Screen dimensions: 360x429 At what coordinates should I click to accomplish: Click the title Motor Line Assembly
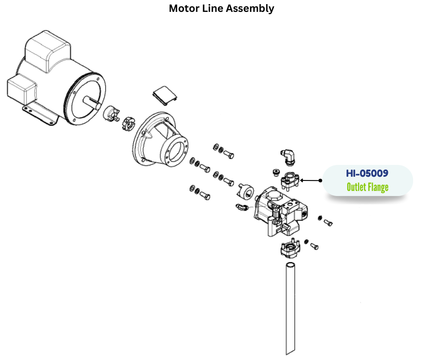click(221, 9)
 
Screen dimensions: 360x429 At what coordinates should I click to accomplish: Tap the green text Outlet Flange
click(367, 187)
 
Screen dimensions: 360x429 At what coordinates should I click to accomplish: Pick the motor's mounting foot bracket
click(39, 114)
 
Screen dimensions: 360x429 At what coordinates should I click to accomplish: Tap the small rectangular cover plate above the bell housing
click(164, 95)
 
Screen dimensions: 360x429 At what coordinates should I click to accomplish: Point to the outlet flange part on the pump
click(289, 180)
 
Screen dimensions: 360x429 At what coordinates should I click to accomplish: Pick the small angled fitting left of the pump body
click(242, 207)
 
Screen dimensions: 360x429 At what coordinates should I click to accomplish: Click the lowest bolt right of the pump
click(314, 246)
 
